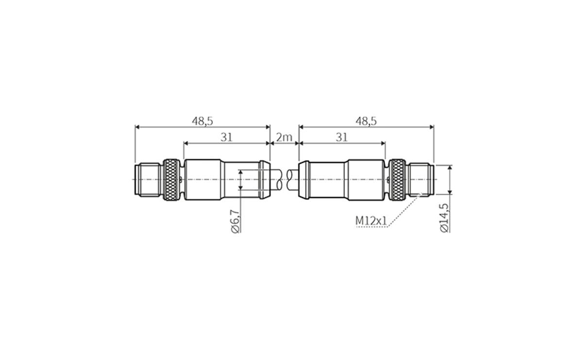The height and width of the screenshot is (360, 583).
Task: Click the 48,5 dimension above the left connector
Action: [202, 121]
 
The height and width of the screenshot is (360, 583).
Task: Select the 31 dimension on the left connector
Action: [226, 137]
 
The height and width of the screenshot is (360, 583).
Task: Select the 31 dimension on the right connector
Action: [342, 137]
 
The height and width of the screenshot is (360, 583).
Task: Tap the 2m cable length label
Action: [284, 137]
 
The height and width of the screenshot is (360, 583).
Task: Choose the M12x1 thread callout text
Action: [371, 221]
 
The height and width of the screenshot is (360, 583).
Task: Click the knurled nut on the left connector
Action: [171, 180]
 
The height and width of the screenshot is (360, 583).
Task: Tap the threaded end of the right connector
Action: [421, 180]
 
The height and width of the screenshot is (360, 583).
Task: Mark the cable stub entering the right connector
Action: [292, 180]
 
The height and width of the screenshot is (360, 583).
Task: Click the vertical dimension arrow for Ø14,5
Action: [450, 180]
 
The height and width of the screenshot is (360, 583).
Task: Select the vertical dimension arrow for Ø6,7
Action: [240, 180]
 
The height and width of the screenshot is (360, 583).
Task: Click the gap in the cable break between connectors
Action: [284, 180]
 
